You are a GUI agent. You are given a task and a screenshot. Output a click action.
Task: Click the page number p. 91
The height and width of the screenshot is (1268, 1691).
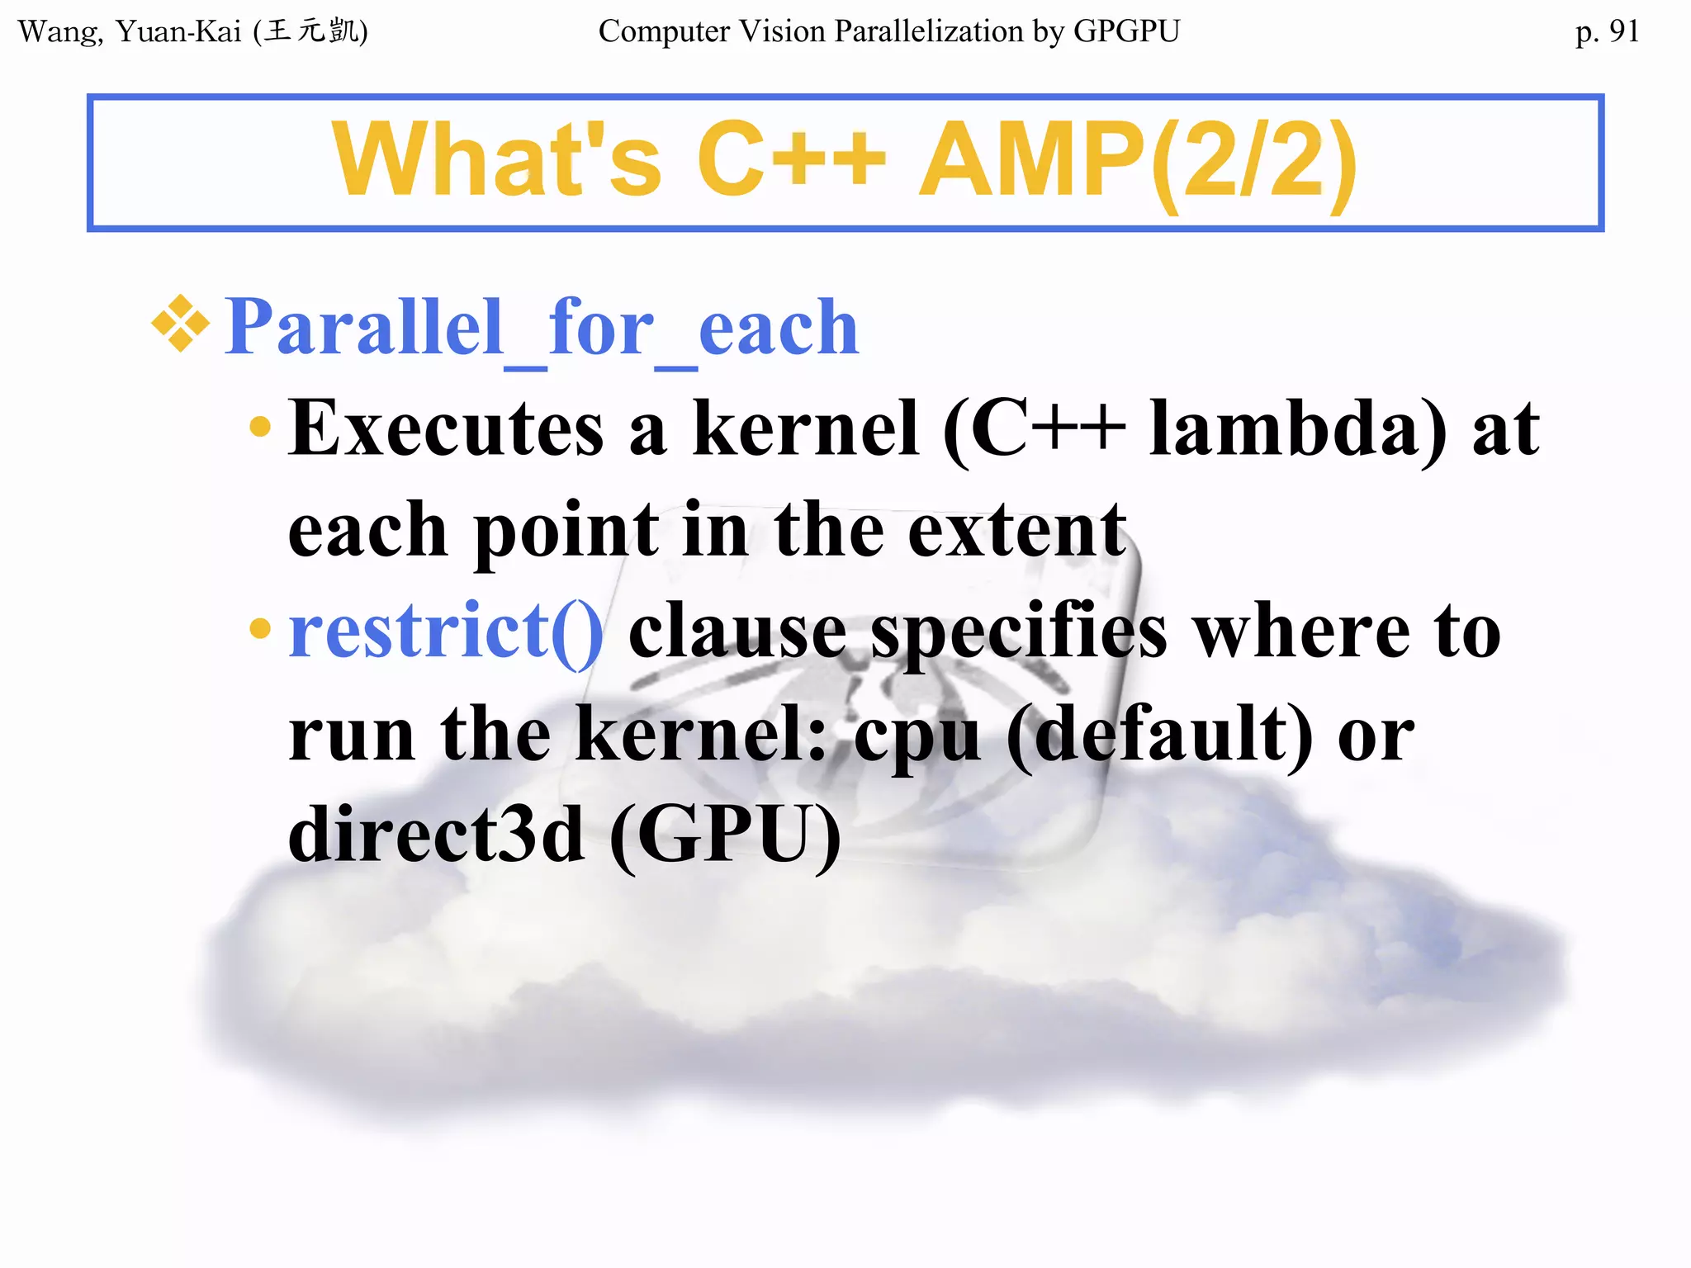(1606, 31)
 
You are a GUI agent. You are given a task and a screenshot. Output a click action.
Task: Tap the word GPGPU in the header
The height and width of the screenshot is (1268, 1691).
(1126, 31)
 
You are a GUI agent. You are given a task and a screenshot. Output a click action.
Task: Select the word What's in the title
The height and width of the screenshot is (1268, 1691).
(496, 159)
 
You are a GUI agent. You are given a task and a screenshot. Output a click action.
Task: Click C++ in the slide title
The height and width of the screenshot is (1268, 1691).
(791, 159)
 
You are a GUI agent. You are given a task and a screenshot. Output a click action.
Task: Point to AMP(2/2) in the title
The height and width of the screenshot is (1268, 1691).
(1138, 159)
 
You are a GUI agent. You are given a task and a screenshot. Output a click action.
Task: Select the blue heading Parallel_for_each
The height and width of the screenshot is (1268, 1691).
(542, 329)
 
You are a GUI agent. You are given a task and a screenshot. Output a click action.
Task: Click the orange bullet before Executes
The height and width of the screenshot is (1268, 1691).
(259, 427)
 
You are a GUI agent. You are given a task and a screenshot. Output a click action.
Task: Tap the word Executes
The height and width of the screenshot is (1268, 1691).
(446, 428)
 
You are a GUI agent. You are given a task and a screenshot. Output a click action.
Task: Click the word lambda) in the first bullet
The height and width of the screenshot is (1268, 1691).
(1297, 428)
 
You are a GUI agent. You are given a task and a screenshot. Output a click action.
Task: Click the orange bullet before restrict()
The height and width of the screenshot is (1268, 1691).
(259, 628)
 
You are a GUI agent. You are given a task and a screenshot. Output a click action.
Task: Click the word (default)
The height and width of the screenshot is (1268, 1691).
(1159, 735)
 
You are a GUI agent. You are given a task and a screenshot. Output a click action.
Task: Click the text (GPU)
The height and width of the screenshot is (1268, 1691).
(725, 835)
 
